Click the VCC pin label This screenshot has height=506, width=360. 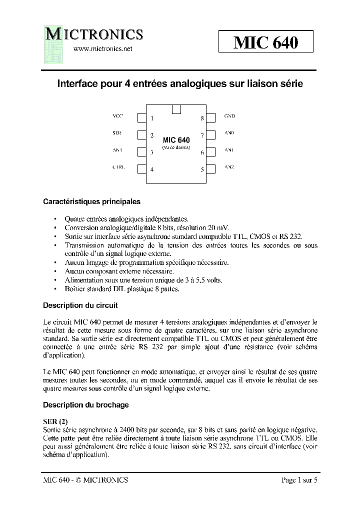pyautogui.click(x=117, y=116)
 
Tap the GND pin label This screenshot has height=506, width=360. pyautogui.click(x=229, y=116)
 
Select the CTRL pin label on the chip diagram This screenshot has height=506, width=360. pyautogui.click(x=118, y=167)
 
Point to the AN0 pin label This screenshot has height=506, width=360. pyautogui.click(x=229, y=134)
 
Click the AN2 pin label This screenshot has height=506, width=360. pyautogui.click(x=229, y=167)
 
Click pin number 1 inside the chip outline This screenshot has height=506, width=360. pyautogui.click(x=152, y=118)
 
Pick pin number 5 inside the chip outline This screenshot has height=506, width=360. pyautogui.click(x=202, y=169)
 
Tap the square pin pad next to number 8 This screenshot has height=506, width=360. pyautogui.click(x=210, y=118)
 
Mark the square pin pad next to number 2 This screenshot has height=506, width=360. pyautogui.click(x=141, y=134)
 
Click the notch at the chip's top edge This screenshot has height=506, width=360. pyautogui.click(x=176, y=109)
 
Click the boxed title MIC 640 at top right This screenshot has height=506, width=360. pyautogui.click(x=265, y=42)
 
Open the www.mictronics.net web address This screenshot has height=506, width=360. pyautogui.click(x=102, y=49)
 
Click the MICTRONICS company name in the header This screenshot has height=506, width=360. pyautogui.click(x=95, y=34)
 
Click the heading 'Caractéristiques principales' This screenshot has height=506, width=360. pyautogui.click(x=91, y=202)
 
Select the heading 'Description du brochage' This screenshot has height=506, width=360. pyautogui.click(x=85, y=404)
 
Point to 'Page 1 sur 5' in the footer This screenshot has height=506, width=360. pyautogui.click(x=299, y=480)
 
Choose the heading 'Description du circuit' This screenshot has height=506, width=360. pyautogui.click(x=80, y=305)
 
